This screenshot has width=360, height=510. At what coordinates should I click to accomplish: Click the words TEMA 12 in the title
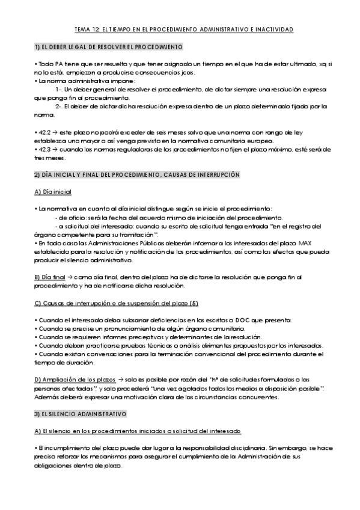(x=86, y=29)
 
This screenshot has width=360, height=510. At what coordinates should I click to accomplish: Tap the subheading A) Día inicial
(x=53, y=192)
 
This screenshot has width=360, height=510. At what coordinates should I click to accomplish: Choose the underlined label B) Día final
(x=50, y=277)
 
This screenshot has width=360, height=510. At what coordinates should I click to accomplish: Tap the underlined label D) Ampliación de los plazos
(x=75, y=379)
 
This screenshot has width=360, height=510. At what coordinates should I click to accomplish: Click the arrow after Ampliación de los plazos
(x=121, y=379)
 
